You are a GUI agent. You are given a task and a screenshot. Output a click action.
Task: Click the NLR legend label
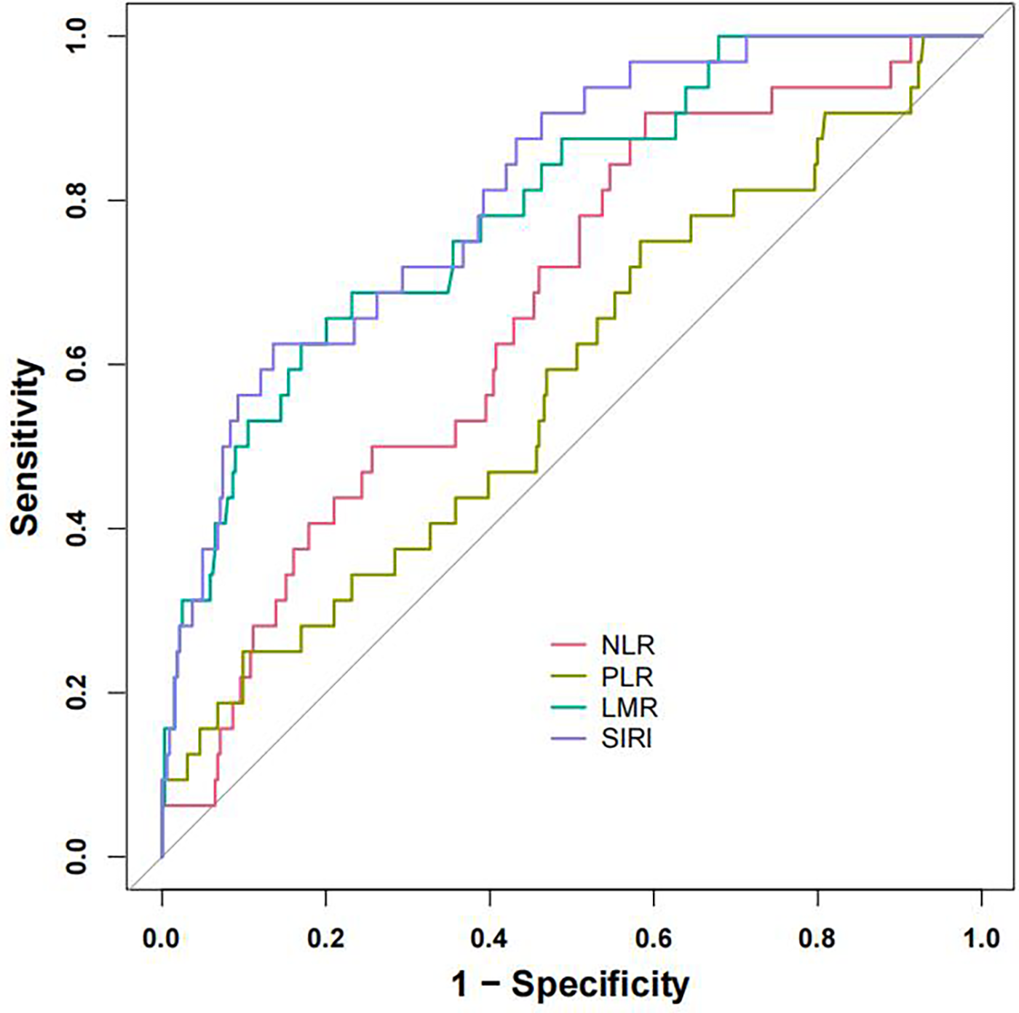pyautogui.click(x=627, y=645)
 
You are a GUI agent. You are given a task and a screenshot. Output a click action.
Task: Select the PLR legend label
pyautogui.click(x=627, y=677)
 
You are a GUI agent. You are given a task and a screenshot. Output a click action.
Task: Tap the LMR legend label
pyautogui.click(x=629, y=707)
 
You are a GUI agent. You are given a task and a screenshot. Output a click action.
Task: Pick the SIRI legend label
pyautogui.click(x=626, y=738)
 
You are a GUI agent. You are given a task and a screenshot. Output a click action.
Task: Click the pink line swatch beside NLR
pyautogui.click(x=568, y=645)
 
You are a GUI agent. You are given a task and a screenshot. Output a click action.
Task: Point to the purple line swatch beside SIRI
pyautogui.click(x=568, y=738)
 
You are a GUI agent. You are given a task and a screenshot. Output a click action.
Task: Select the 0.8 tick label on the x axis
pyautogui.click(x=817, y=938)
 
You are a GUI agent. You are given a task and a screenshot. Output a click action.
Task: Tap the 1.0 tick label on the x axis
pyautogui.click(x=981, y=938)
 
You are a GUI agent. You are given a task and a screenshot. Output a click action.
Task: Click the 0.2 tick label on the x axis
pyautogui.click(x=325, y=938)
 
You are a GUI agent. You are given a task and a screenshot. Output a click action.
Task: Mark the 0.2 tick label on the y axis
pyautogui.click(x=76, y=693)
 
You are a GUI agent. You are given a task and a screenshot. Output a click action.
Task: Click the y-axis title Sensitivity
pyautogui.click(x=25, y=446)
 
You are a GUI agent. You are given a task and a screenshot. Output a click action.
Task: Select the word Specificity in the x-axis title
pyautogui.click(x=600, y=985)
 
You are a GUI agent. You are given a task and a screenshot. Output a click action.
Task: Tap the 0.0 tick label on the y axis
pyautogui.click(x=76, y=856)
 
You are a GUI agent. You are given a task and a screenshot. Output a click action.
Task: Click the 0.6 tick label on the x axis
pyautogui.click(x=653, y=938)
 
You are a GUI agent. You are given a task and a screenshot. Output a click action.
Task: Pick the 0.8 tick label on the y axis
pyautogui.click(x=76, y=200)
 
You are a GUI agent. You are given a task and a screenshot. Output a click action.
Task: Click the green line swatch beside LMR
pyautogui.click(x=568, y=707)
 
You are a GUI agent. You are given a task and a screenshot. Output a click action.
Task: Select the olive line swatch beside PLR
pyautogui.click(x=568, y=677)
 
